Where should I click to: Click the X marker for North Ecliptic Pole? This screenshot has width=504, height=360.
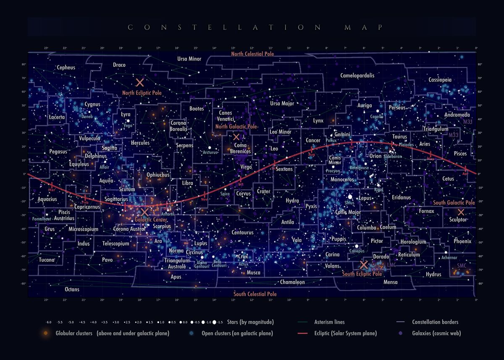[x=140, y=83]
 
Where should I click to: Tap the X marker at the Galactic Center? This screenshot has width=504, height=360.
[x=144, y=212]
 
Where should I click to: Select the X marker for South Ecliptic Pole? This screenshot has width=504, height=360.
[x=364, y=265]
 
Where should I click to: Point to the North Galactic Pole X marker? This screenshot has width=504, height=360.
[x=236, y=137]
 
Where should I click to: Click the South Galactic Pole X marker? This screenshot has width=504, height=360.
[x=461, y=212]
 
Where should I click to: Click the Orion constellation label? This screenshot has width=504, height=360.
[x=375, y=156]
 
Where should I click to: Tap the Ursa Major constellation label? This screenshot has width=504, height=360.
[x=282, y=103]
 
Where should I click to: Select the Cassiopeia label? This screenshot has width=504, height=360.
[x=440, y=79]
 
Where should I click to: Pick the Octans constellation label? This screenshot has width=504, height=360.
[x=72, y=289]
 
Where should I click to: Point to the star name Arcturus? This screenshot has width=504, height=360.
[x=210, y=152]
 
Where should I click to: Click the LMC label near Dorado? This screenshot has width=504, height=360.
[x=391, y=265]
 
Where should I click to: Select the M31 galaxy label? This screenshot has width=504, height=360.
[x=468, y=121]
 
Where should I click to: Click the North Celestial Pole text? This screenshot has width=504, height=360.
[x=252, y=54]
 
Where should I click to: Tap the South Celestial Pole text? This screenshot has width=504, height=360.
[x=255, y=294]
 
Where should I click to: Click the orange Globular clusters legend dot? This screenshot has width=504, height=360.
[x=45, y=334]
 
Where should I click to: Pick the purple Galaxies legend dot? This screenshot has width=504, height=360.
[x=401, y=334]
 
